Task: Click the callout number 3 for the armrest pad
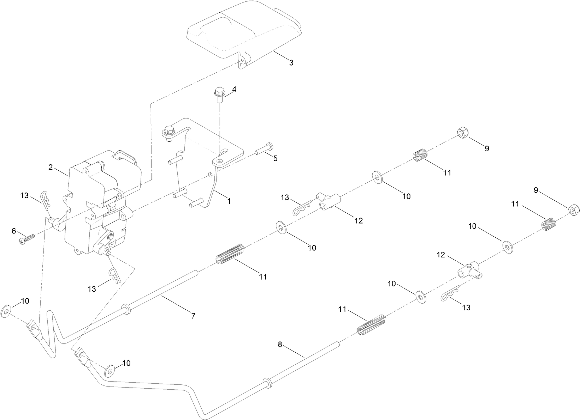point(291,63)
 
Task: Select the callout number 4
point(234,90)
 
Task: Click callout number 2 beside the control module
point(51,167)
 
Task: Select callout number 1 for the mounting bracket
point(229,201)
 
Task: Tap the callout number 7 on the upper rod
point(193,316)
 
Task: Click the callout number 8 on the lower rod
point(280,345)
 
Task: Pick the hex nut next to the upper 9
point(462,134)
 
